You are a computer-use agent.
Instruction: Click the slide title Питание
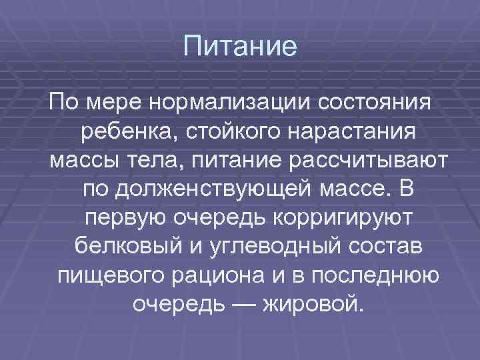[240, 47]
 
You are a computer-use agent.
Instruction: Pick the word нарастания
[347, 133]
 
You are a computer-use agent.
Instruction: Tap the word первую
[130, 219]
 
